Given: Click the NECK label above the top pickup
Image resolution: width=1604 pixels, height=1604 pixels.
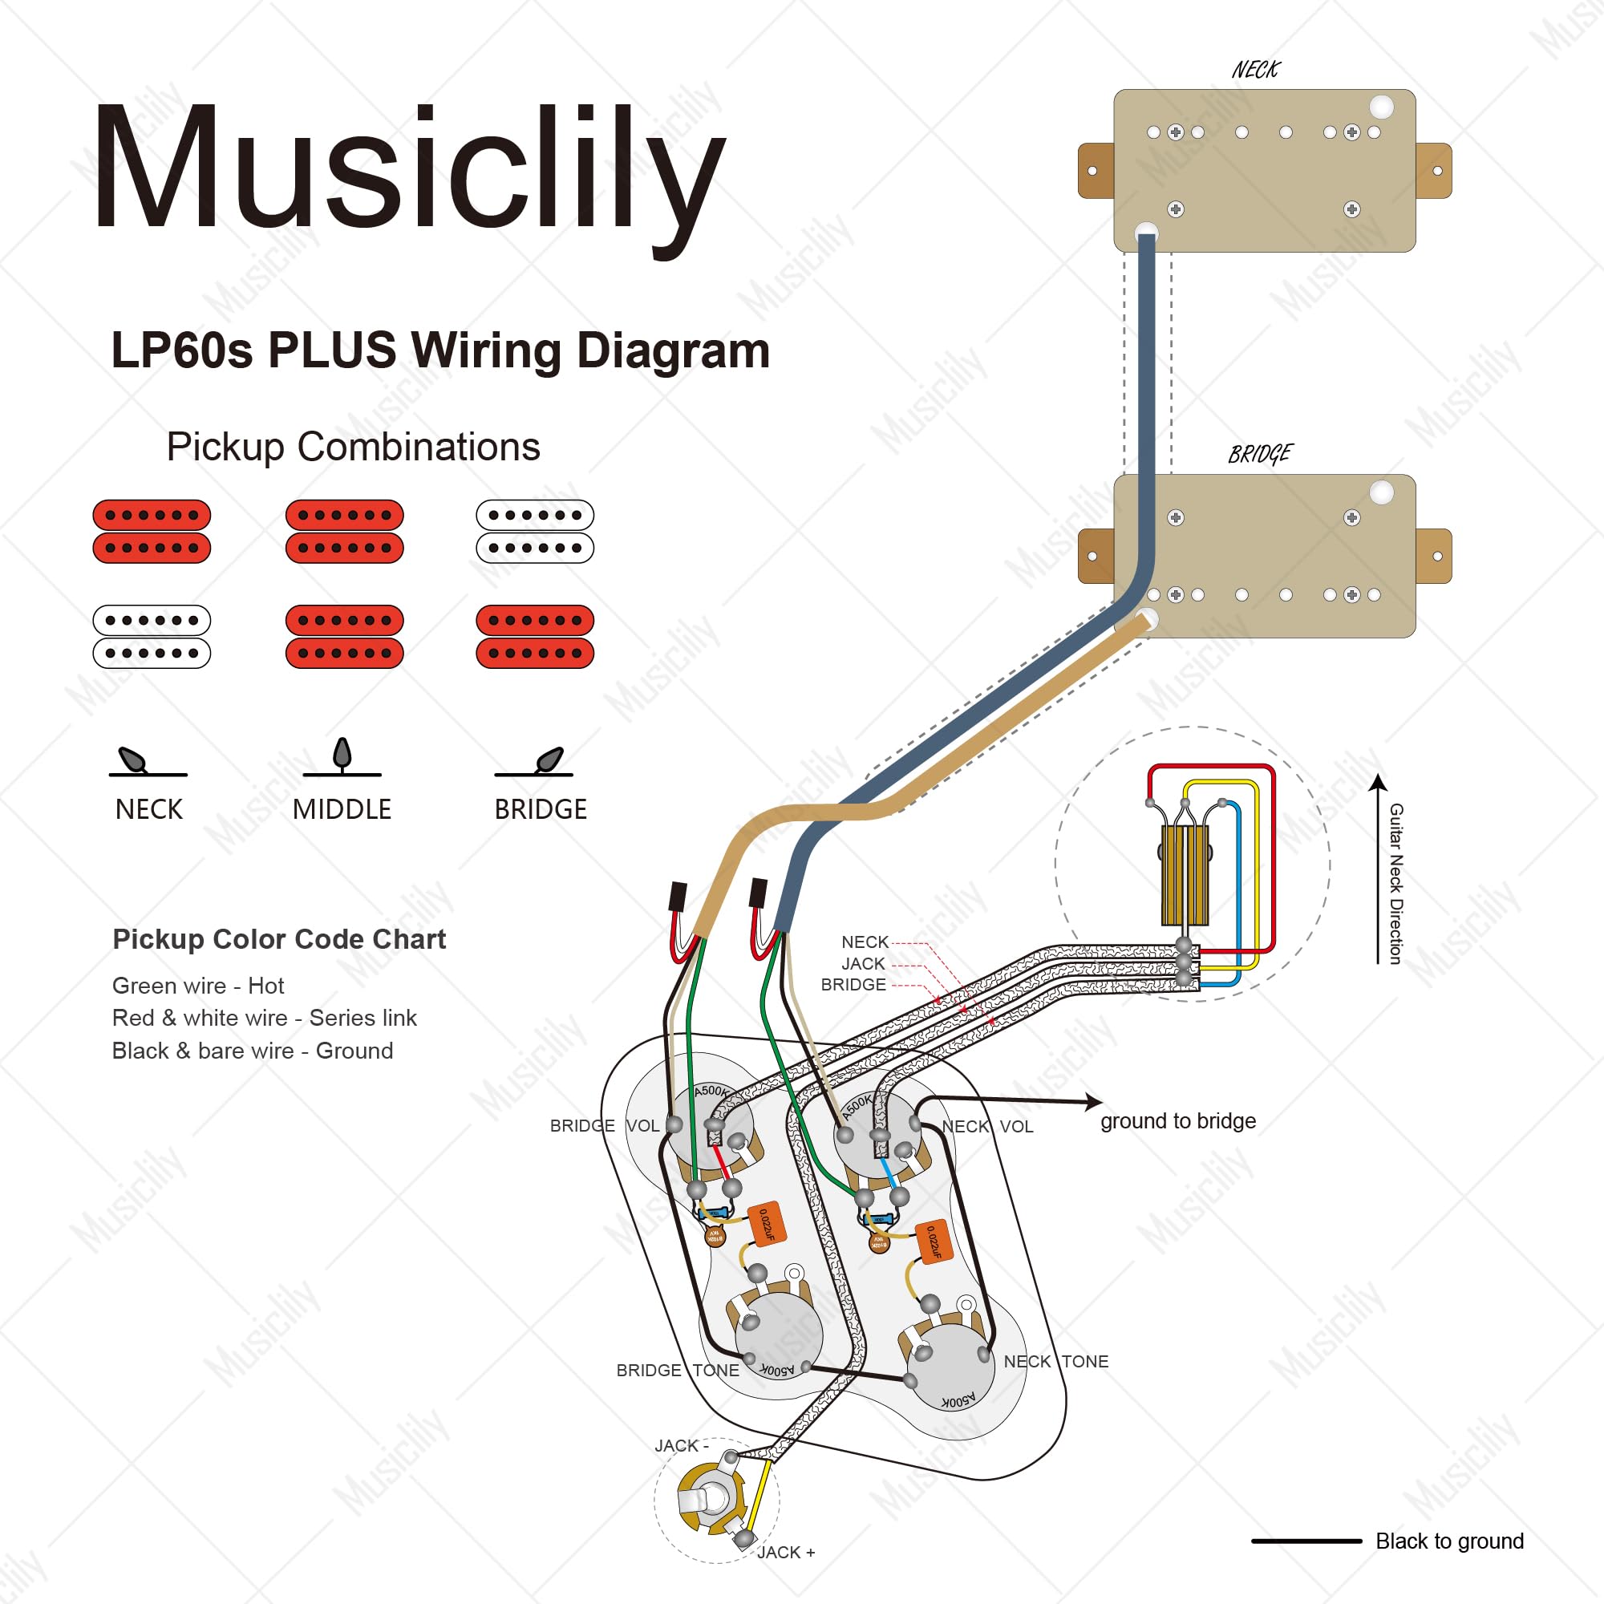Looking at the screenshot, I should pyautogui.click(x=1255, y=70).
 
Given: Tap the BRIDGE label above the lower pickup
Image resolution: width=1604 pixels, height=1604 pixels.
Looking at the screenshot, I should pyautogui.click(x=1259, y=454).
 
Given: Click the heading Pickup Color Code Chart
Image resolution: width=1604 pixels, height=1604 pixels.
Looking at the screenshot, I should pyautogui.click(x=279, y=939).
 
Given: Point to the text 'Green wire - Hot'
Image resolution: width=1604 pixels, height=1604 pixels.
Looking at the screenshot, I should pyautogui.click(x=197, y=986).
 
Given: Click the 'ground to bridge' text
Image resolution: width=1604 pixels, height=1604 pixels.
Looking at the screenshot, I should pyautogui.click(x=1177, y=1121).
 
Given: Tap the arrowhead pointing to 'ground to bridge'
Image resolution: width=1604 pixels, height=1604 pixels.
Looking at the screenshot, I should pyautogui.click(x=1093, y=1102).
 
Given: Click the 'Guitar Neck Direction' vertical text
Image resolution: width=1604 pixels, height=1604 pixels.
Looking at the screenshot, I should pyautogui.click(x=1396, y=883).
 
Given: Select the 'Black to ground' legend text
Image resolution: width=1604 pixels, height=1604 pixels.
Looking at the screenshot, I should pyautogui.click(x=1448, y=1541).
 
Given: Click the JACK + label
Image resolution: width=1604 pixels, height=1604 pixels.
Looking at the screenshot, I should pyautogui.click(x=785, y=1552).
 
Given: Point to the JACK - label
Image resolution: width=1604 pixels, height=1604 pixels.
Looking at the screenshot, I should pyautogui.click(x=681, y=1445).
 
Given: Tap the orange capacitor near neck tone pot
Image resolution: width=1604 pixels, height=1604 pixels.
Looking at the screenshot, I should pyautogui.click(x=933, y=1243).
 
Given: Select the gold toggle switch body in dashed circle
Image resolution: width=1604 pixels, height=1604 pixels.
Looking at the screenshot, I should pyautogui.click(x=1184, y=875).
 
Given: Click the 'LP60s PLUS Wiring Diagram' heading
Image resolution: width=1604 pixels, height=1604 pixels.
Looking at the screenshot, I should pyautogui.click(x=440, y=350).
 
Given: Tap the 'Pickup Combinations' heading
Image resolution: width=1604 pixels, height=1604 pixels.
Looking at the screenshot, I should pyautogui.click(x=353, y=447).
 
